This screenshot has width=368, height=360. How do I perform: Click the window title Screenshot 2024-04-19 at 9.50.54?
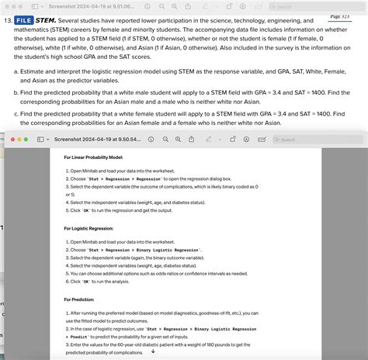(x=98, y=140)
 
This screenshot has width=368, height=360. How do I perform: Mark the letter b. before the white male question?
(x=17, y=92)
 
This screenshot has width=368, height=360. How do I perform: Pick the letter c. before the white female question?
(x=17, y=113)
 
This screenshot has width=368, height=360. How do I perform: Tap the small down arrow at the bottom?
(x=152, y=351)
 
